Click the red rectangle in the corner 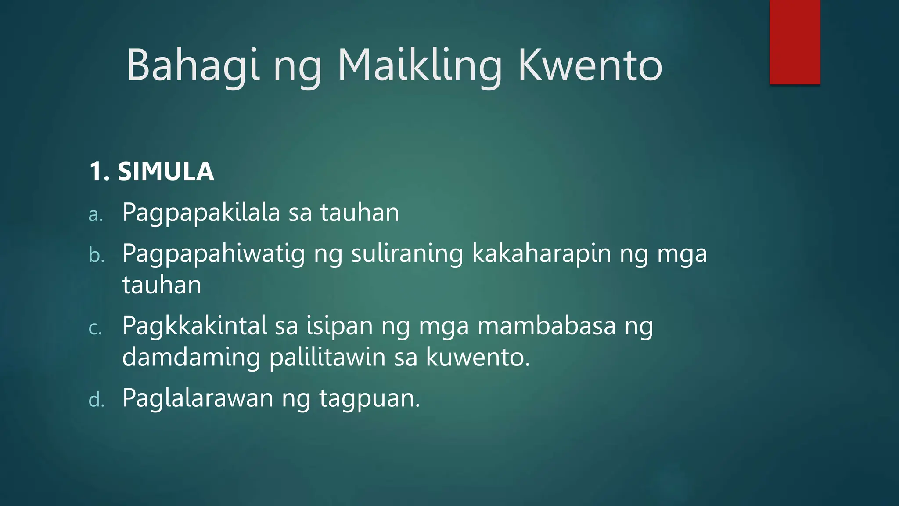[x=795, y=42]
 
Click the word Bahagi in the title [x=193, y=66]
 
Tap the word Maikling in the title [x=419, y=66]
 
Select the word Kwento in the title [x=590, y=66]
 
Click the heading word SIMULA [x=165, y=171]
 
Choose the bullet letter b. [x=96, y=255]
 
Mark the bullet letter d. [x=96, y=400]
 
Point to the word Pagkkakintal [x=194, y=326]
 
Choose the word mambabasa [x=547, y=326]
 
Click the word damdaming [x=191, y=357]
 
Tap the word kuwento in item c [x=478, y=357]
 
